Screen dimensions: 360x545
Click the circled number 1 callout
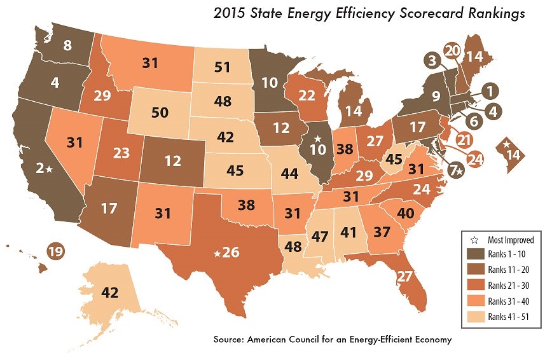pos(489,92)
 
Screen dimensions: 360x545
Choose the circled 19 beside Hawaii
pos(55,251)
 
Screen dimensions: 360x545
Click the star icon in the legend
pos(472,240)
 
